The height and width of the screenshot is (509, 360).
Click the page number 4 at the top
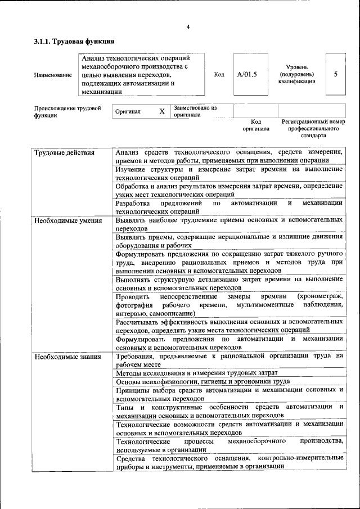point(188,27)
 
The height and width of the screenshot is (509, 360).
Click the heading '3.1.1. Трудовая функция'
point(74,41)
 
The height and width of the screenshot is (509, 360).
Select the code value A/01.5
point(246,74)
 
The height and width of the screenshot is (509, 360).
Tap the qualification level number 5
point(336,74)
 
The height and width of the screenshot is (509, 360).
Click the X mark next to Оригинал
point(162,111)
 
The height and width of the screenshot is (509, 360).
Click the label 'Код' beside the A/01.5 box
point(219,74)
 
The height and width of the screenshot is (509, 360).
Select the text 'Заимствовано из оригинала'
point(195,111)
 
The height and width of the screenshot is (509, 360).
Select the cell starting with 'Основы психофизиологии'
point(202,381)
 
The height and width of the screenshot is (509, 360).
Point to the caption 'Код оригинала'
point(256,125)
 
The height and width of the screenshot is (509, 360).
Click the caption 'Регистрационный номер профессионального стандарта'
point(313,128)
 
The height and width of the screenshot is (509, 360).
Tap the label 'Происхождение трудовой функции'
point(67,111)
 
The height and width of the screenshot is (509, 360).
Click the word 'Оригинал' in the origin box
point(128,112)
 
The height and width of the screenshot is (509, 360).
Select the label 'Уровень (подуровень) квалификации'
point(296,74)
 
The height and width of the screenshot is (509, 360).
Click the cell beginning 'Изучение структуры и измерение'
point(229,173)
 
